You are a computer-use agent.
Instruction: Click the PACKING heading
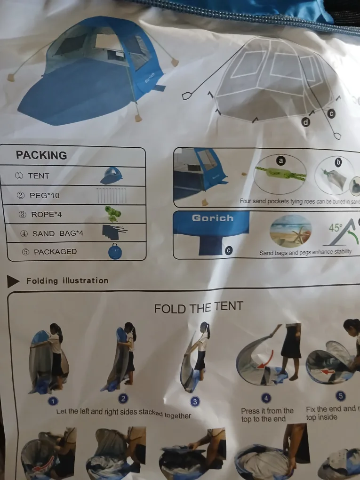pos(41,155)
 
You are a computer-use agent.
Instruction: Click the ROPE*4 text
pos(40,215)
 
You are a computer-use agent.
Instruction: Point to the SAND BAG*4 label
pos(51,233)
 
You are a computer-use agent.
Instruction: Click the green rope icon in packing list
pos(113,214)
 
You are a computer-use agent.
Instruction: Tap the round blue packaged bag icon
pos(115,251)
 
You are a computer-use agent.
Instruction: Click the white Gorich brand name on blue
pos(212,218)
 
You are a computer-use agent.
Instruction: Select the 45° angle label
pos(336,227)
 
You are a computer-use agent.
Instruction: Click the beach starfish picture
pos(290,231)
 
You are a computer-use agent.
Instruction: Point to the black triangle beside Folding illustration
pos(13,281)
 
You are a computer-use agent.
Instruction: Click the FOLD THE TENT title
pos(198,308)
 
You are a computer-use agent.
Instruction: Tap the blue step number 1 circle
pos(53,401)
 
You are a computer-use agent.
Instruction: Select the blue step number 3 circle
pos(195,401)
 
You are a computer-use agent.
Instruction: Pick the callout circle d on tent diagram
pos(306,122)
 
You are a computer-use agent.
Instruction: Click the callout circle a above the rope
pos(281,160)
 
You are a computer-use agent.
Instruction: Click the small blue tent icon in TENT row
pos(112,176)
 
